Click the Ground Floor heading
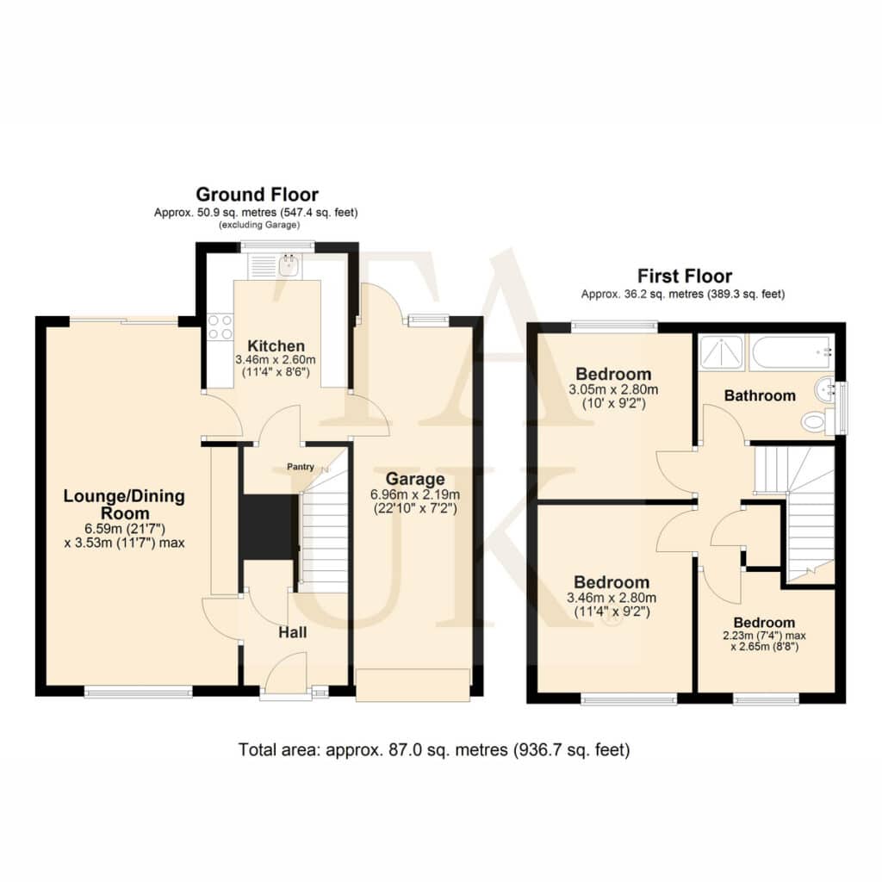click(x=257, y=195)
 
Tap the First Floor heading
click(x=685, y=276)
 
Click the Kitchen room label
click(x=276, y=346)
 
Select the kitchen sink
click(x=290, y=265)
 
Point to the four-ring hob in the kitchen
click(x=220, y=326)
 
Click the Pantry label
click(x=301, y=467)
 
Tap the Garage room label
click(x=415, y=479)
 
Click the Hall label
click(x=293, y=633)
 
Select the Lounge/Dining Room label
click(x=124, y=505)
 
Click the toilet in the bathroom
click(x=818, y=421)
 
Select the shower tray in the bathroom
click(x=722, y=352)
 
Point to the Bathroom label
click(x=760, y=396)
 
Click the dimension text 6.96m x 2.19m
click(x=415, y=495)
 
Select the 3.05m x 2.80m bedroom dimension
click(x=613, y=390)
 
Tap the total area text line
click(x=434, y=750)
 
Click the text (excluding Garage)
click(x=259, y=225)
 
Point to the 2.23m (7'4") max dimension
click(x=764, y=636)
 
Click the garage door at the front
click(x=413, y=685)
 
